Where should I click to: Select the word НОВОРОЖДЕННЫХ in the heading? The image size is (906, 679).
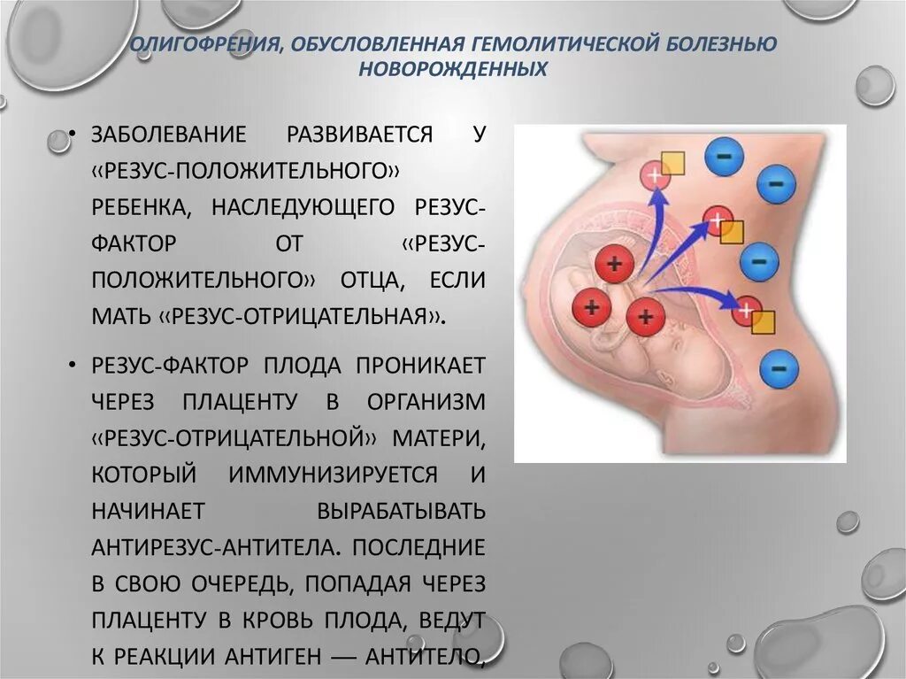(x=452, y=68)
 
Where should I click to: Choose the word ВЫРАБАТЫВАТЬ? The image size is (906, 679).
(x=400, y=510)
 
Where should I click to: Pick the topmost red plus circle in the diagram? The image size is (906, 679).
(x=656, y=174)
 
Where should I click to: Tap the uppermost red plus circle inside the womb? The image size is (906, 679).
(x=611, y=262)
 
